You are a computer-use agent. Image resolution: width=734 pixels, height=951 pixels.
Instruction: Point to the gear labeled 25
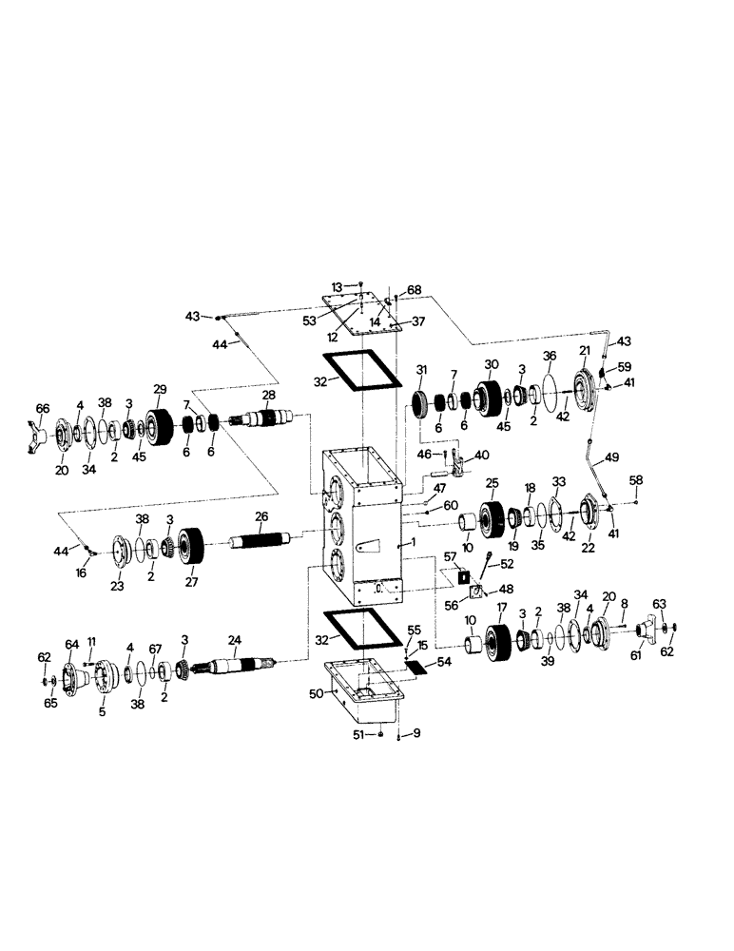[493, 517]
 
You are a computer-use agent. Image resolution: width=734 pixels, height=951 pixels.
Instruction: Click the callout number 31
[421, 371]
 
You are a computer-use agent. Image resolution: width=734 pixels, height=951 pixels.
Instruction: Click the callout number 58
[636, 481]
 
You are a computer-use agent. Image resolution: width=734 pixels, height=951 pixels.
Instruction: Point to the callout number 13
[337, 285]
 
